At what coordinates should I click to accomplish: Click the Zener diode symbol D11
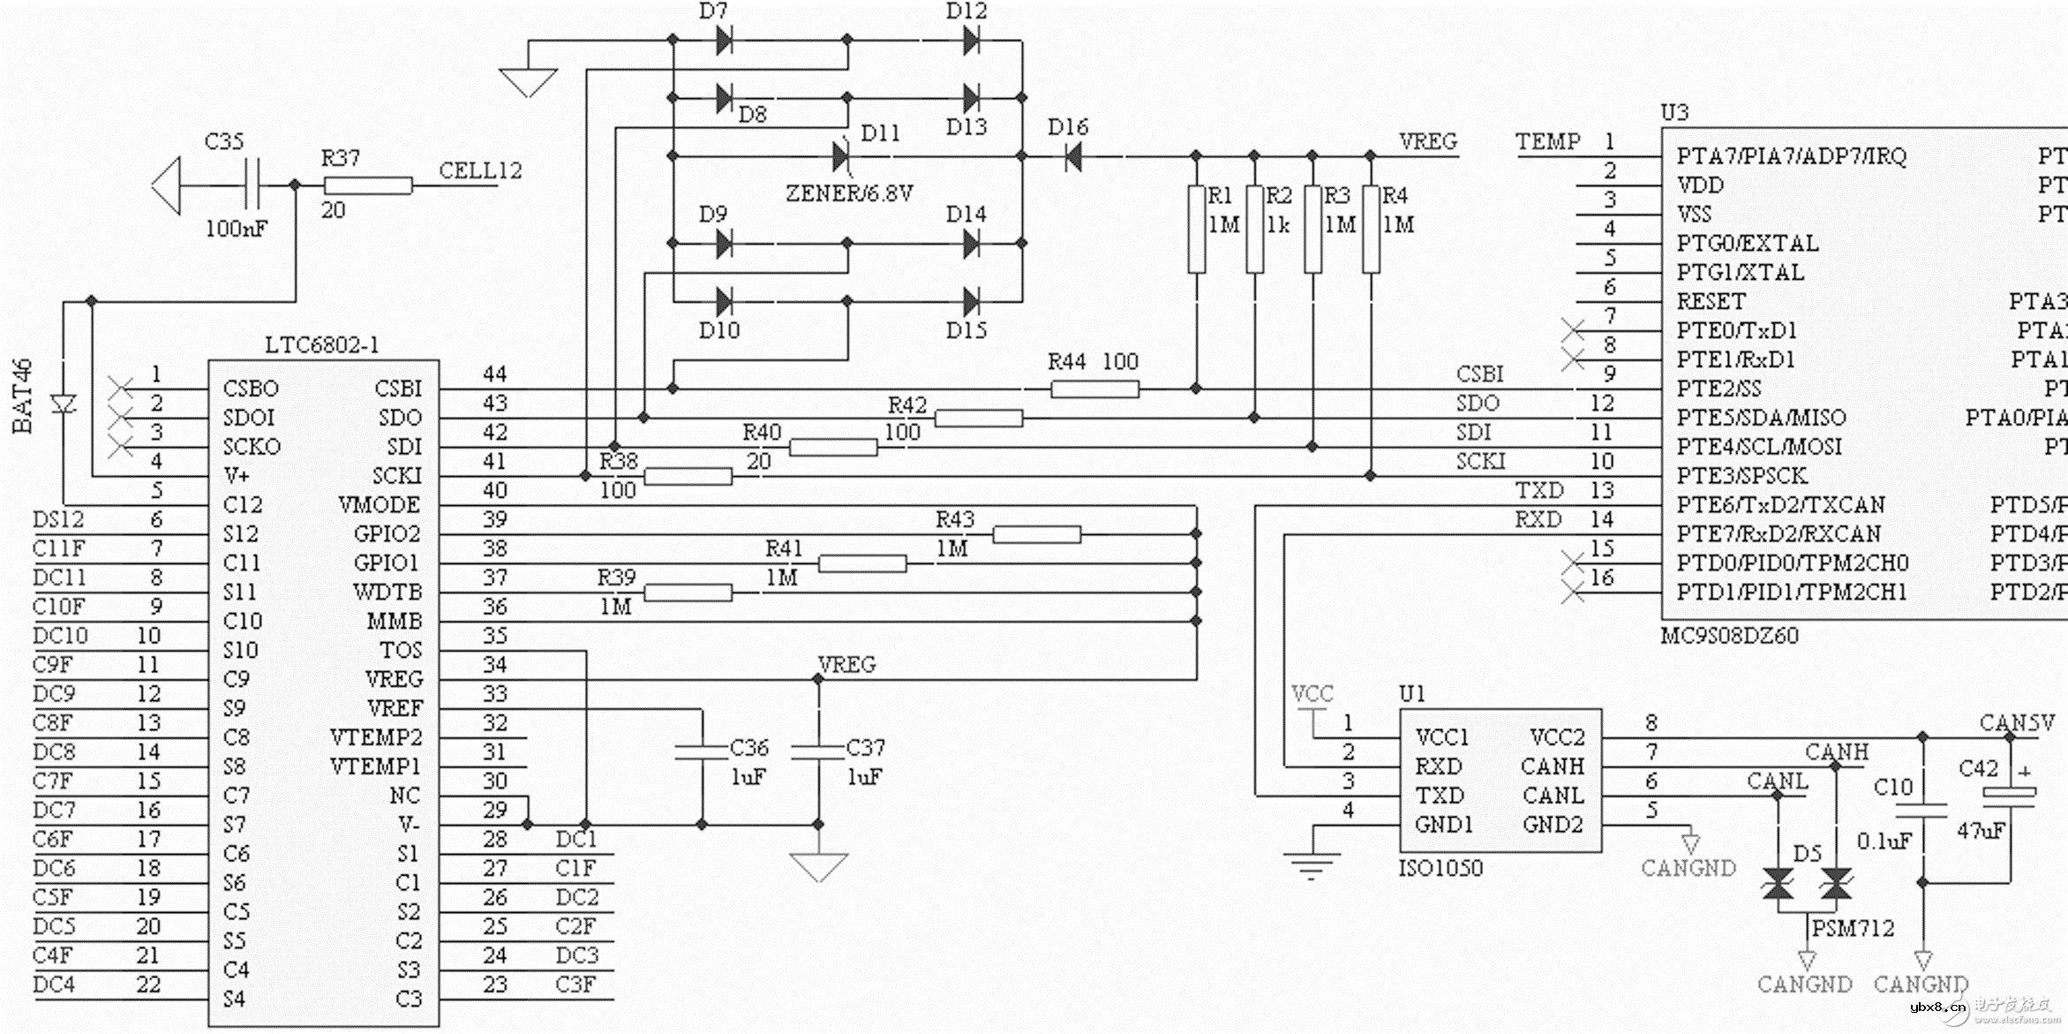coord(841,157)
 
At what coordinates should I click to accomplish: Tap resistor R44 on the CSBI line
coord(1094,389)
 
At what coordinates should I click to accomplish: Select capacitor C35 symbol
coord(253,185)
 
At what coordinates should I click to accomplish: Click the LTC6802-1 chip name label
coord(322,345)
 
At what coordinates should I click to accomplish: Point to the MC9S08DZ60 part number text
coord(1729,636)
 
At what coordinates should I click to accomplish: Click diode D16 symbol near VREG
coord(1072,157)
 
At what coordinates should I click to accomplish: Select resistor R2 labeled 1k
coord(1254,230)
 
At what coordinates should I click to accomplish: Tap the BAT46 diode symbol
coord(64,404)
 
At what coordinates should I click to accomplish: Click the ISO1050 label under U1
coord(1440,868)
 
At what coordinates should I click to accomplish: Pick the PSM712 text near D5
coord(1853,928)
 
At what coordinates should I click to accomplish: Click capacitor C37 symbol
coord(818,752)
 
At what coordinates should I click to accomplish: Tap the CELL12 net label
coord(480,170)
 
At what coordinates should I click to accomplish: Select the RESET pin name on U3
coord(1711,301)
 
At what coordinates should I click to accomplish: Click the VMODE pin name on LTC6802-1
coord(379,505)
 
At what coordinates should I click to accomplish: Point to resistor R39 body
coord(688,593)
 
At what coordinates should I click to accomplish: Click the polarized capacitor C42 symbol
coord(2009,796)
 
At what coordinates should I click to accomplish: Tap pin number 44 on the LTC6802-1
coord(495,374)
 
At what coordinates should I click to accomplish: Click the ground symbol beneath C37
coord(818,866)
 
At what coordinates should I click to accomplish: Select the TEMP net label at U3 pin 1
coord(1547,141)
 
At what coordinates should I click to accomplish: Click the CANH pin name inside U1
coord(1553,766)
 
